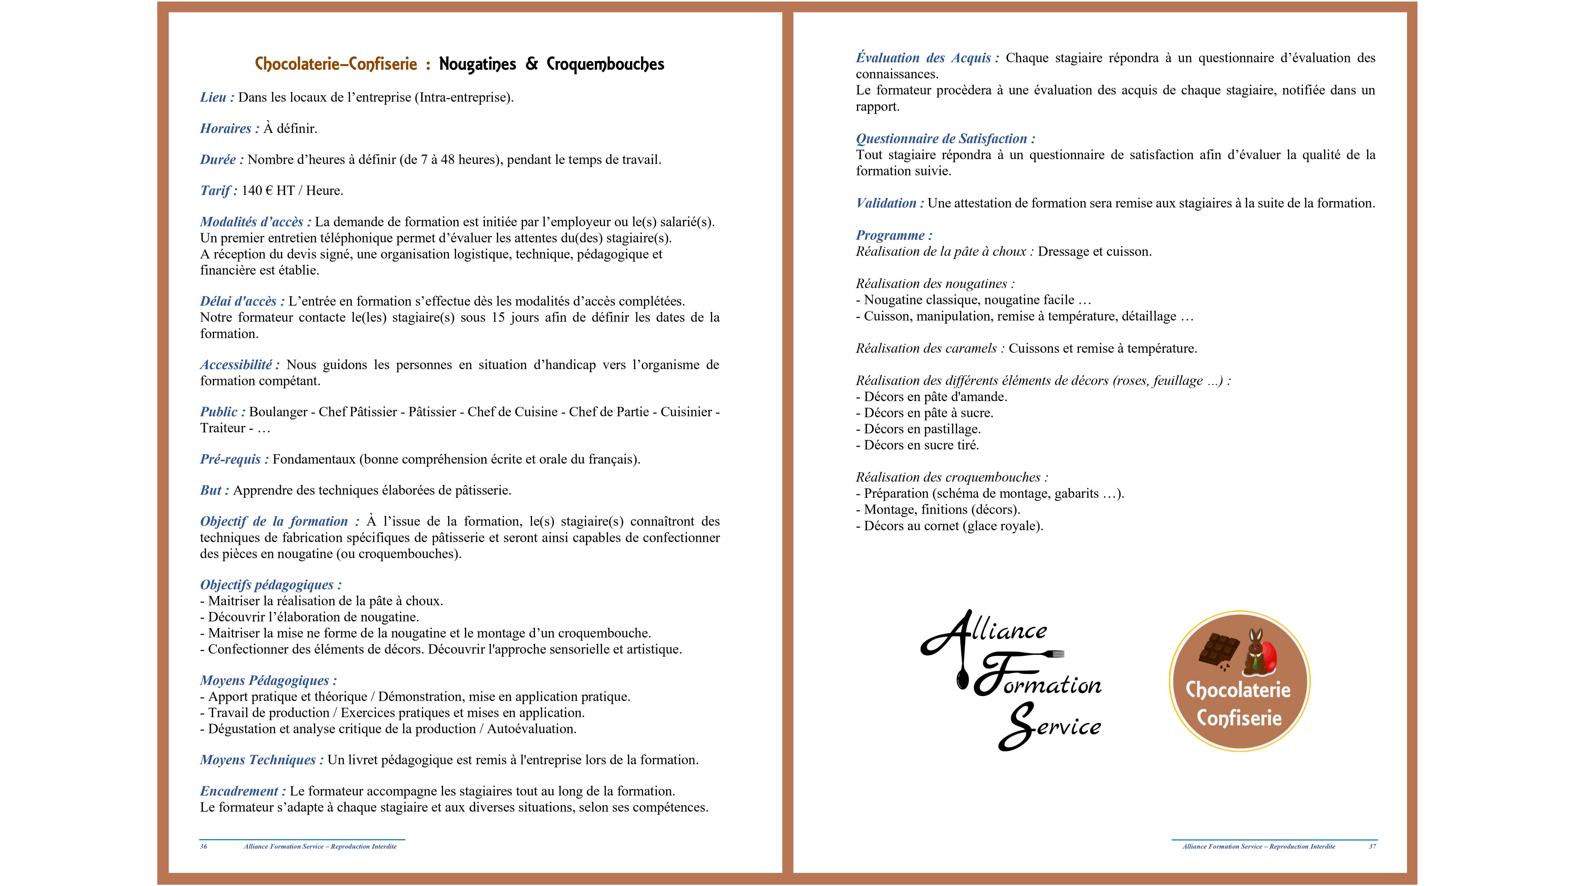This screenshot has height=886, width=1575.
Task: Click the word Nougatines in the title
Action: click(x=477, y=64)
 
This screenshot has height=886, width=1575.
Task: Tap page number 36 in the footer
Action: click(x=204, y=847)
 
